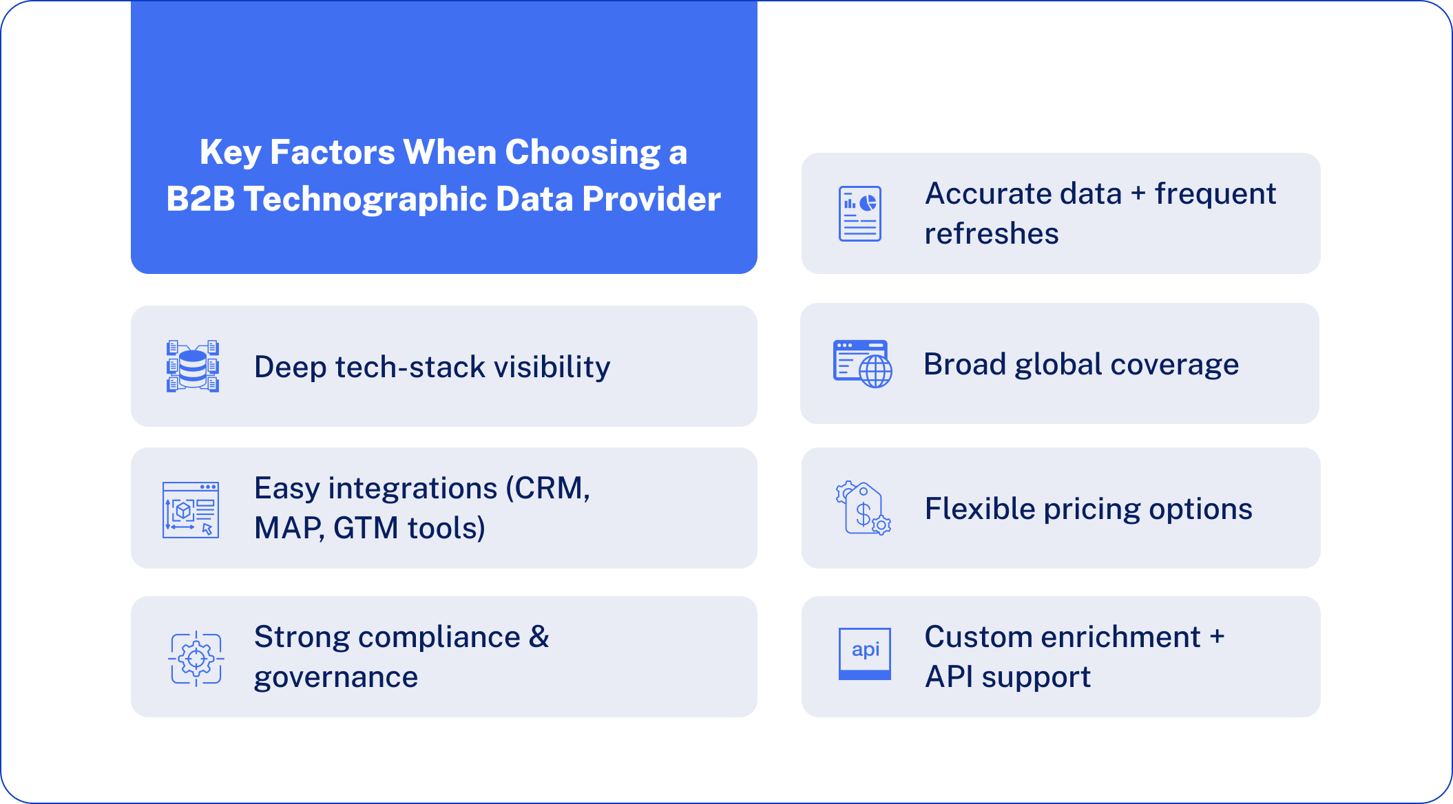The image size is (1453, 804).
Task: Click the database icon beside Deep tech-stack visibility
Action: (x=193, y=366)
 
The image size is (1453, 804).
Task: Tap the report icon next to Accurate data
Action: (x=859, y=213)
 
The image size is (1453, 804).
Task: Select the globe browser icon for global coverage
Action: (x=862, y=363)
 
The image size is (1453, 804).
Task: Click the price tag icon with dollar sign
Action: (x=863, y=509)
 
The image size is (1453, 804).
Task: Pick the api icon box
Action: (x=865, y=653)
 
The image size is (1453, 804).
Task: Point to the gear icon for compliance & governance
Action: (x=196, y=658)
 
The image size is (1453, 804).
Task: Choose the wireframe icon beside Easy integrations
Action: (x=191, y=510)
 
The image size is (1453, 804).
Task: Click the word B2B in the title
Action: (x=200, y=199)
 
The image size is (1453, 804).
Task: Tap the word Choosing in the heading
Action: (x=583, y=152)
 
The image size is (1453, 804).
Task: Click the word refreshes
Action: (x=991, y=234)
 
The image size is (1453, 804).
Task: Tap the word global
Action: (x=1058, y=364)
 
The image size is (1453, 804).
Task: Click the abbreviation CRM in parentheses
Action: (x=549, y=488)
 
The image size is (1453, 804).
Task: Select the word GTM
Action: (x=366, y=528)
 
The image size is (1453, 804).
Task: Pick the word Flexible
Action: (x=980, y=509)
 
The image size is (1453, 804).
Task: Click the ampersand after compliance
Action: (x=539, y=637)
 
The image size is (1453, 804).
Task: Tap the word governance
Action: (x=336, y=677)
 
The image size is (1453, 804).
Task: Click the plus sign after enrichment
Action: (x=1217, y=637)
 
